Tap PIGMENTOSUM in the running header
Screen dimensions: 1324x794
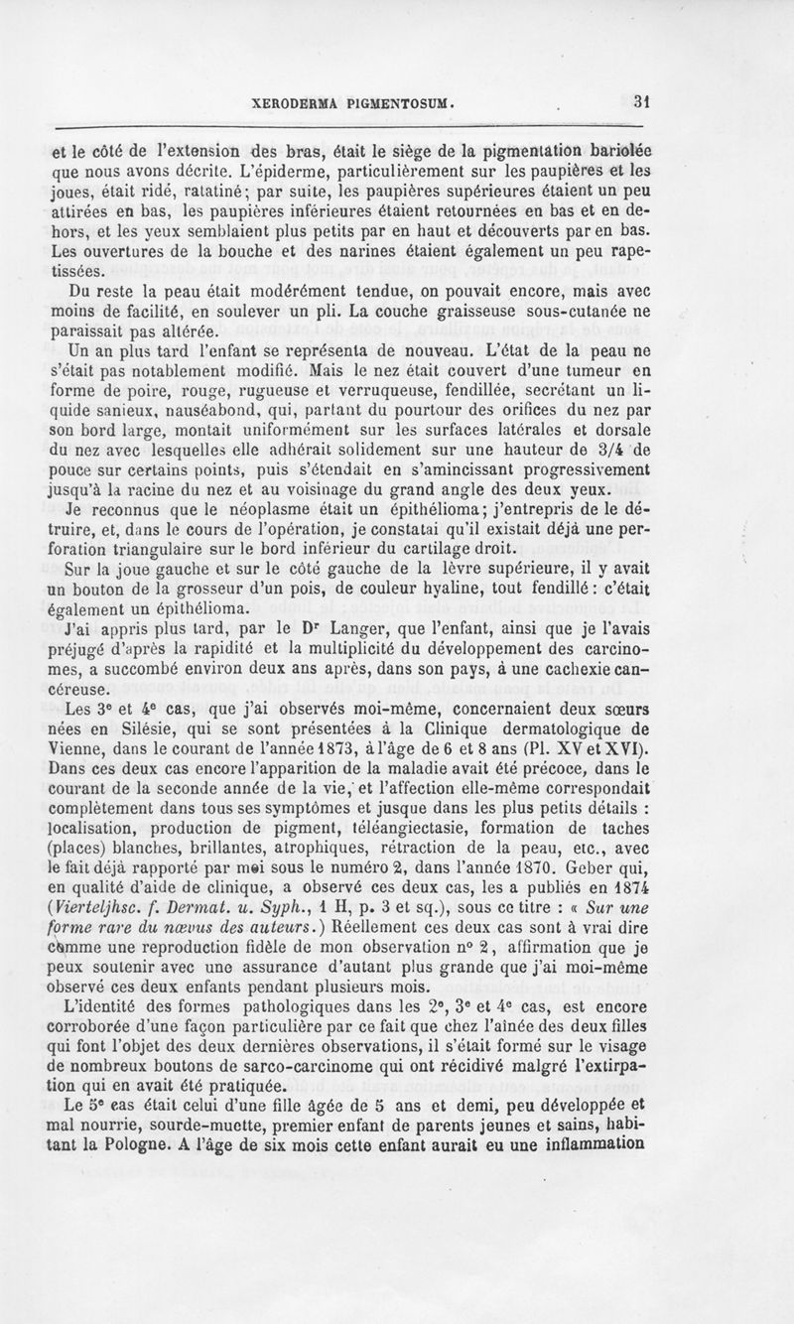point(399,102)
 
